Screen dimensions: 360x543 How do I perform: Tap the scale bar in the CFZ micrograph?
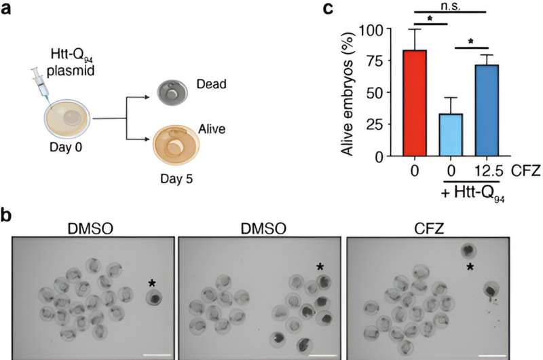point(489,353)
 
